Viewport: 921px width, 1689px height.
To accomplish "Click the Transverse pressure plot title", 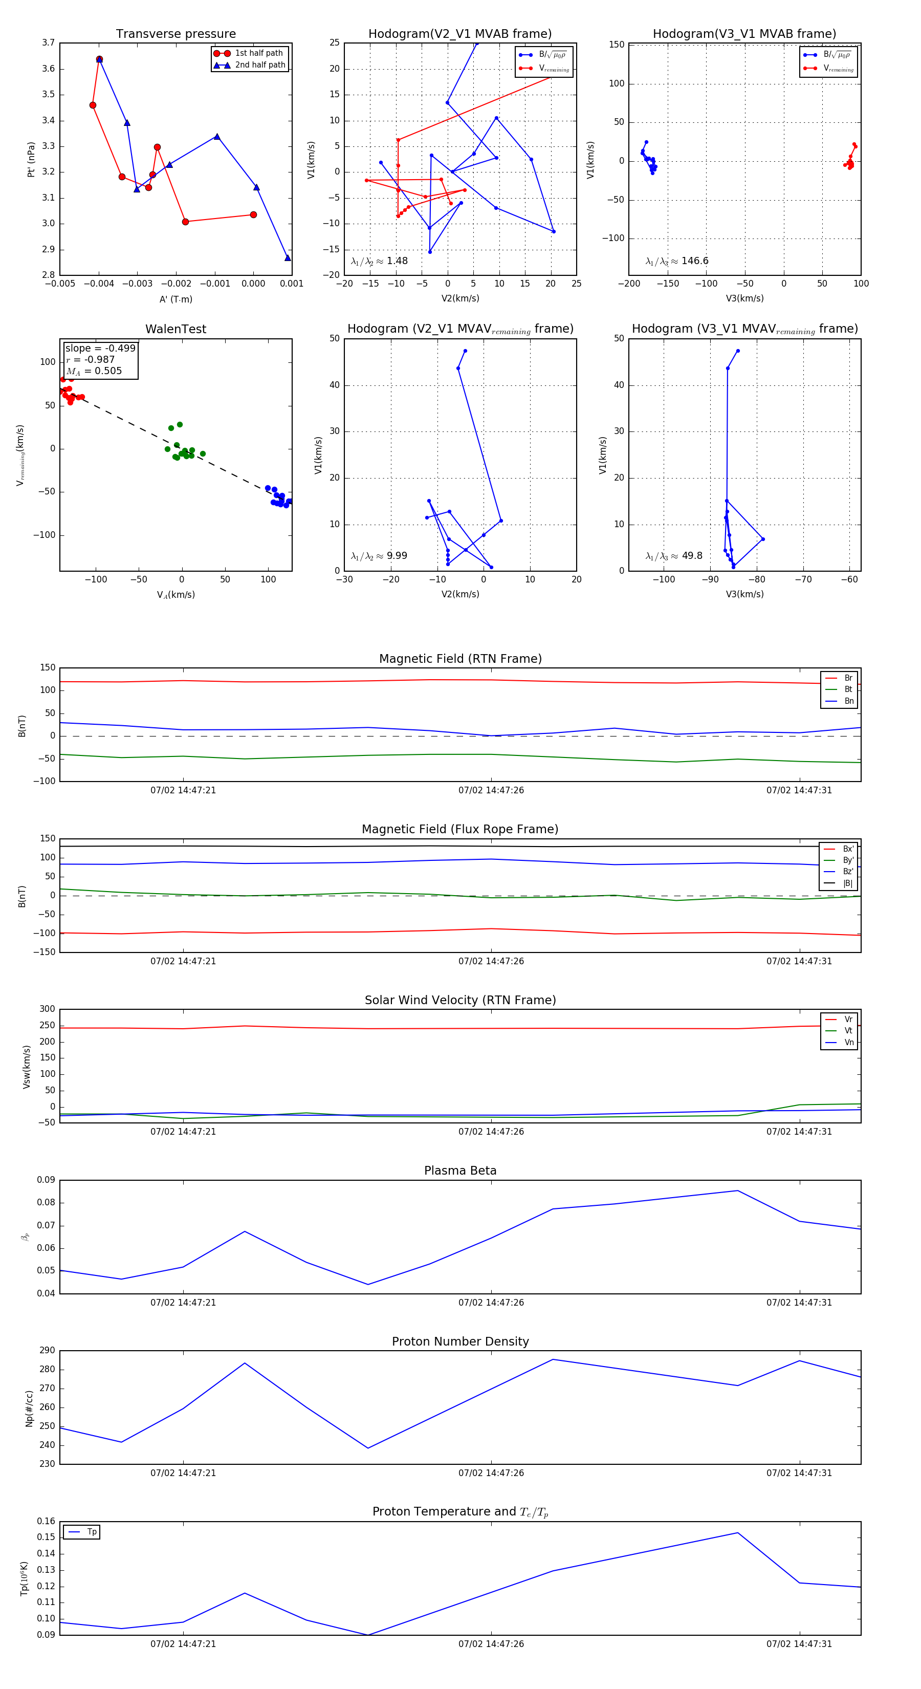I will coord(176,34).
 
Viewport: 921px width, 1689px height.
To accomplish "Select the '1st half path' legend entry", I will coord(258,53).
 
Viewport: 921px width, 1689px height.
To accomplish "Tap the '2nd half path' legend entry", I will coord(259,65).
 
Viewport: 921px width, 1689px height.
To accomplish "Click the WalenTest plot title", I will coord(176,329).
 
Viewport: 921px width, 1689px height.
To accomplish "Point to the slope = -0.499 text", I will coord(100,348).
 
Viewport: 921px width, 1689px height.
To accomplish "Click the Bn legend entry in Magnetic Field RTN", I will coord(848,701).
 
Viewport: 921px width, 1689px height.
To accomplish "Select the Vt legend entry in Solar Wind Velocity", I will coord(848,1031).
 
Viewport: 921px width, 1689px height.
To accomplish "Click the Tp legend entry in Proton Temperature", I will coord(91,1532).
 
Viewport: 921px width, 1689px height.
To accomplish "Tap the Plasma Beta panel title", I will coord(460,1171).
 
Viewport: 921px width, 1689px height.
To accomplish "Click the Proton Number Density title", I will coord(460,1341).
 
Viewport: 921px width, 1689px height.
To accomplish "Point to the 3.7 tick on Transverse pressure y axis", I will coord(48,42).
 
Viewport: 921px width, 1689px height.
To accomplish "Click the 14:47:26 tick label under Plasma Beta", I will coord(491,1302).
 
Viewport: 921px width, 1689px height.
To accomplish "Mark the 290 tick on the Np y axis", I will coord(47,1350).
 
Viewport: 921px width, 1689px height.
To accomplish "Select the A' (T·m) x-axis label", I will coord(176,299).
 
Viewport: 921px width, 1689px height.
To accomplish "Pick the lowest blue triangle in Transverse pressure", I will coord(287,257).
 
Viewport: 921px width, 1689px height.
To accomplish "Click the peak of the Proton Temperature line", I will coord(737,1533).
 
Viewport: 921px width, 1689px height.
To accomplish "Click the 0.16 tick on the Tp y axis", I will coord(46,1521).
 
